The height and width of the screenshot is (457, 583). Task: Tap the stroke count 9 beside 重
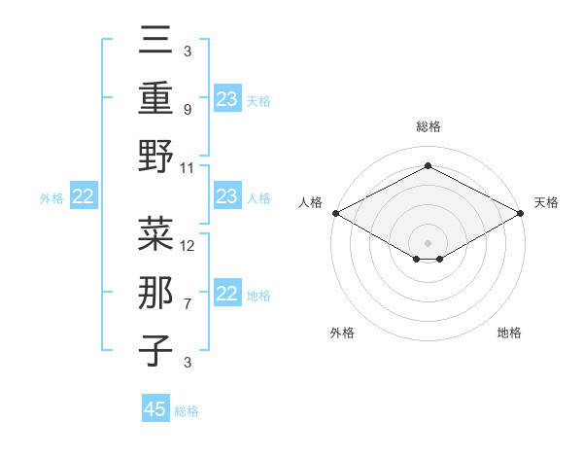tap(187, 109)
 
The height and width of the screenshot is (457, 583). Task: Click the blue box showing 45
tap(155, 409)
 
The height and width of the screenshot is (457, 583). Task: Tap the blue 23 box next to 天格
tap(227, 98)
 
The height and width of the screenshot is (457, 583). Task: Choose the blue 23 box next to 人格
tap(227, 196)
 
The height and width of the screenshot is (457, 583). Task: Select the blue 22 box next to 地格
tap(227, 294)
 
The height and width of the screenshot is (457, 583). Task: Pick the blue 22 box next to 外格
tap(84, 196)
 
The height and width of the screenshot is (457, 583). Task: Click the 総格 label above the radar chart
tap(428, 126)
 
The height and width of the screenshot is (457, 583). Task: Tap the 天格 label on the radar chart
tap(546, 202)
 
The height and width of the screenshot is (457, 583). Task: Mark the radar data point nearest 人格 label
tap(335, 212)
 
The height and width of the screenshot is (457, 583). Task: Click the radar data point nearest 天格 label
tap(521, 212)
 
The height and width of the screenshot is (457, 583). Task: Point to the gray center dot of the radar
tap(428, 242)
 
